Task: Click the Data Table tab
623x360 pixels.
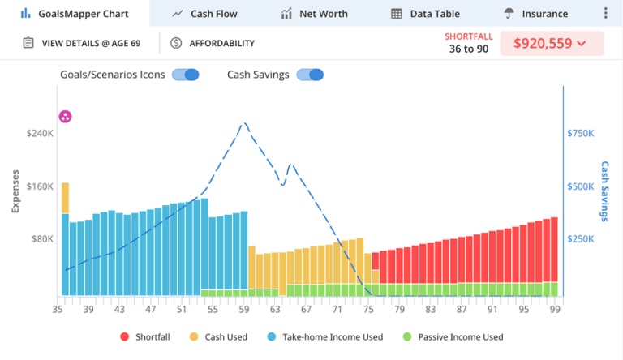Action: coord(425,14)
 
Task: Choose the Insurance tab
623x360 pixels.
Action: coord(535,14)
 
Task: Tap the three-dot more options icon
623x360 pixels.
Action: coord(606,14)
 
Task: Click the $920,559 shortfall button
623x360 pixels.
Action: coord(552,43)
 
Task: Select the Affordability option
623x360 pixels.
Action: coord(213,43)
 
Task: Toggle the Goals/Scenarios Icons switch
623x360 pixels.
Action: coord(186,75)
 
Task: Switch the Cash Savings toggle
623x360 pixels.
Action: coord(310,75)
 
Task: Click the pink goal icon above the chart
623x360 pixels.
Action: coord(66,117)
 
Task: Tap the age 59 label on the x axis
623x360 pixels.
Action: coord(244,309)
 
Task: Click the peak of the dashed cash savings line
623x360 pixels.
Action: coord(243,123)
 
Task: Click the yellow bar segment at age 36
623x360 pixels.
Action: coord(65,198)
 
